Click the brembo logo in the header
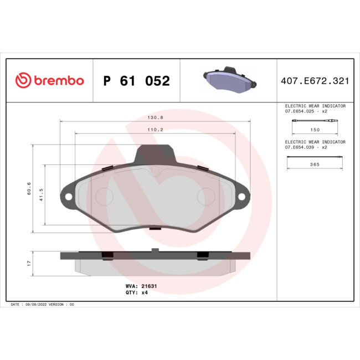tap(50, 81)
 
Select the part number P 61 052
tap(137, 81)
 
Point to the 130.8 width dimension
tap(155, 117)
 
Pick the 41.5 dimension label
tap(41, 195)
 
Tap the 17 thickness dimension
tap(28, 264)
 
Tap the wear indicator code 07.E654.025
tap(302, 111)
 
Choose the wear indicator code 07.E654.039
tap(302, 147)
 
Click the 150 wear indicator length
tap(314, 130)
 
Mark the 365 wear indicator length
tap(314, 165)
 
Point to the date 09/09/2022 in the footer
tap(35, 304)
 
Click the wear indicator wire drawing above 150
tap(314, 122)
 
